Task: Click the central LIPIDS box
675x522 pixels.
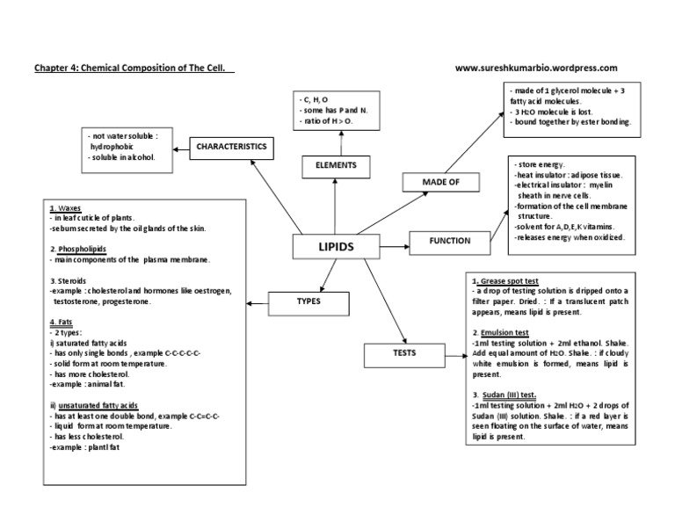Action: tap(335, 247)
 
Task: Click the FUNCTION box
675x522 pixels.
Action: tap(449, 240)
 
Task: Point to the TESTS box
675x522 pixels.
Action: tap(403, 353)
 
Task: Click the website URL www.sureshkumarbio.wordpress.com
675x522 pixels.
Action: tap(537, 68)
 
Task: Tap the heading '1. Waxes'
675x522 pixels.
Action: tap(66, 209)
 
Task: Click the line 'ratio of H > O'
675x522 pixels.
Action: tap(325, 120)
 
